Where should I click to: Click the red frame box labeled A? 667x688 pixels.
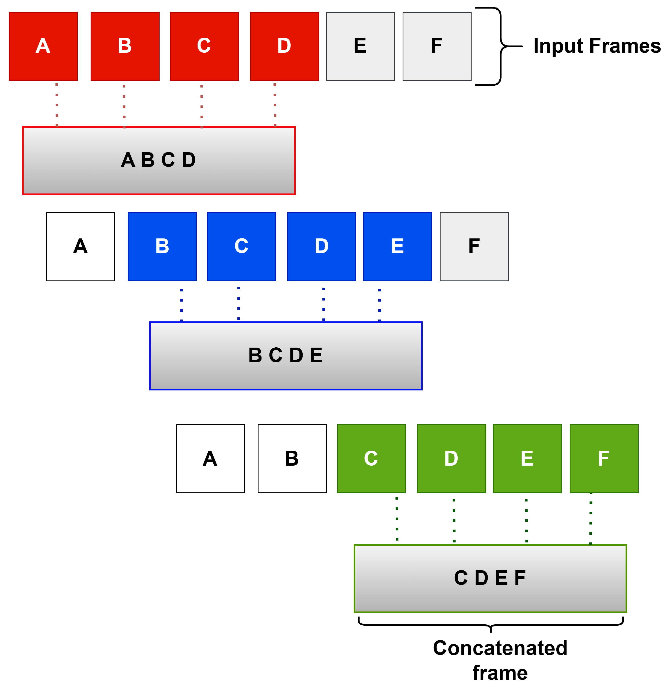coord(43,46)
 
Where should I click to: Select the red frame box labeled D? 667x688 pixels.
coord(284,46)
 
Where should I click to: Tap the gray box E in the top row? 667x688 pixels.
coord(360,46)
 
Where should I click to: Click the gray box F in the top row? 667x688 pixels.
coord(437,46)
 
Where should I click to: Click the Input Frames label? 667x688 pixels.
coord(596,46)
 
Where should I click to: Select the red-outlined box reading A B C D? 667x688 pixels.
coord(159,160)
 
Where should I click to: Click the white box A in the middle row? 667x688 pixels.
coord(80,246)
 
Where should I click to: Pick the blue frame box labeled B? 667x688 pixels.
coord(162,246)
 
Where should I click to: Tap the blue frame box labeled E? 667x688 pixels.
coord(397,246)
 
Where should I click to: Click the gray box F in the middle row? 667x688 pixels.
coord(474,246)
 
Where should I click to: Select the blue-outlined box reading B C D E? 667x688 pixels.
coord(286,356)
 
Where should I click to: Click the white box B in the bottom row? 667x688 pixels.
coord(292,458)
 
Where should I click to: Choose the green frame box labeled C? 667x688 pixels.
coord(371,458)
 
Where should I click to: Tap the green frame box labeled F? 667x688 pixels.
coord(604,458)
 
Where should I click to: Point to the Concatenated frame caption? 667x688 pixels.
coord(500,660)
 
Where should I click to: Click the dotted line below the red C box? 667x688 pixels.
coord(202,106)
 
